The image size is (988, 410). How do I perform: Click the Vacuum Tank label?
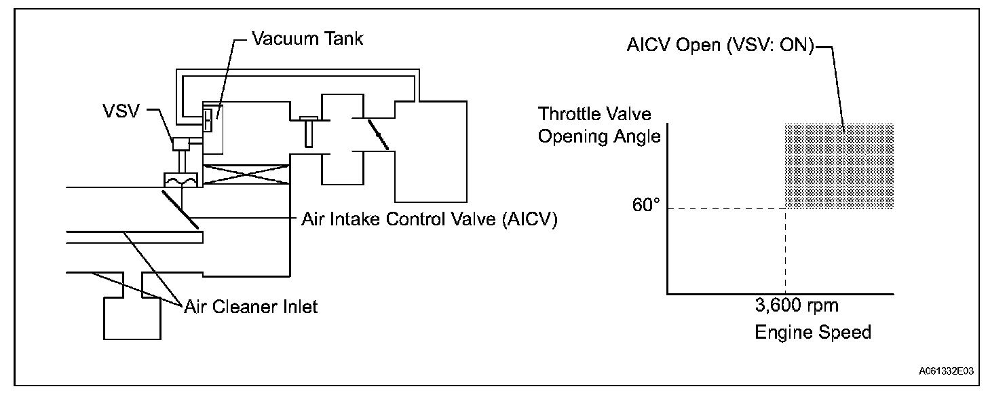coord(307,39)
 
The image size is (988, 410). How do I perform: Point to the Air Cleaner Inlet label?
coord(251,307)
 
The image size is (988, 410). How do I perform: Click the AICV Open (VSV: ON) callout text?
coord(721,48)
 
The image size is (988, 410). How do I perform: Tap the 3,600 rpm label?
coord(797,305)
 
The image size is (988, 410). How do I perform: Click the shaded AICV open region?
coord(839,166)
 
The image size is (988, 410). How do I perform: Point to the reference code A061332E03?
coord(946,372)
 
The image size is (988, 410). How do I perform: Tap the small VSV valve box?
coord(182,143)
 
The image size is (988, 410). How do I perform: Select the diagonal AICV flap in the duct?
coord(180,208)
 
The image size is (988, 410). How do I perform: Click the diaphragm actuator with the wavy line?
coord(180,180)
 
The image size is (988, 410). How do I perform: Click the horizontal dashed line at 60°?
coord(726,208)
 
